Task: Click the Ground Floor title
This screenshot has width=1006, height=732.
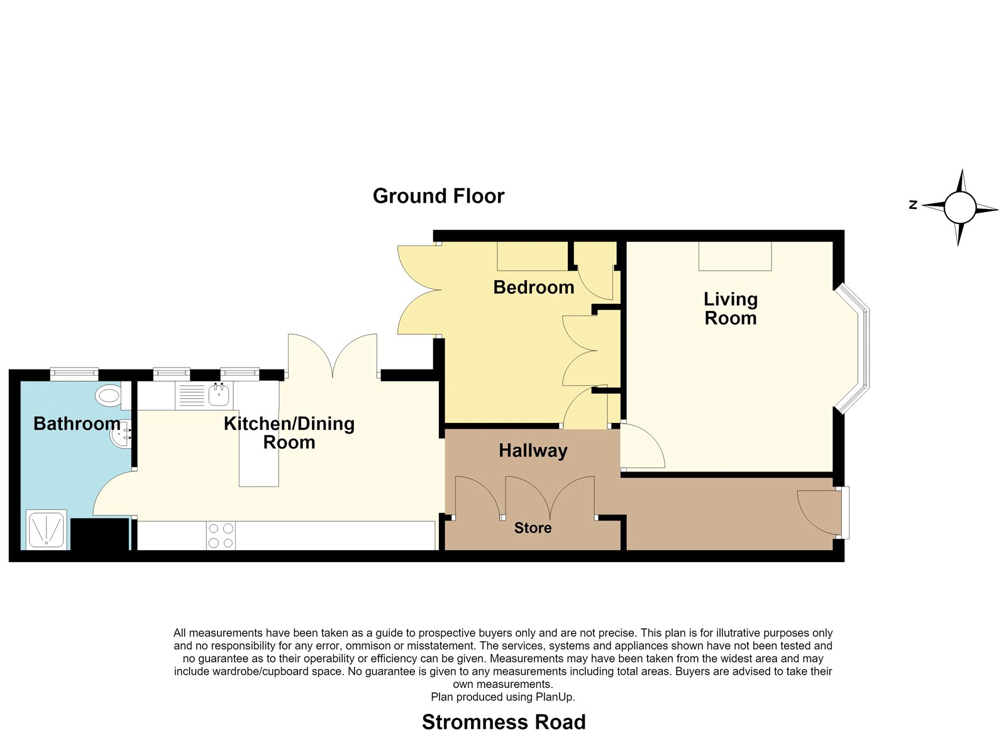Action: click(x=438, y=196)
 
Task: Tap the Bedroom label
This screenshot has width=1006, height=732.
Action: click(x=534, y=287)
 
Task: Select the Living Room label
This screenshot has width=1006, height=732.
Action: click(x=730, y=308)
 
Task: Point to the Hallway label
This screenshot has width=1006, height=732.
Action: click(x=533, y=451)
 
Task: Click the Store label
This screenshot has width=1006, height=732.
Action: click(x=533, y=527)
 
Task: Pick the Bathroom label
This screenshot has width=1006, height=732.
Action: click(x=77, y=424)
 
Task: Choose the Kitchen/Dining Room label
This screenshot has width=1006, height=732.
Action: click(x=289, y=433)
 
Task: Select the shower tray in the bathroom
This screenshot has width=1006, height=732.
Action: click(x=47, y=529)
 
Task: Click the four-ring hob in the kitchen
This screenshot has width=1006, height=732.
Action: click(x=221, y=536)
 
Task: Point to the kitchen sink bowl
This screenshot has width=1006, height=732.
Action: click(x=219, y=395)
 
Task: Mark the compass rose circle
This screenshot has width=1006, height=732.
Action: click(x=959, y=207)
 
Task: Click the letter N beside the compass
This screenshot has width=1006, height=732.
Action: click(x=912, y=205)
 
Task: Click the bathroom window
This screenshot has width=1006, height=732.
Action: click(x=74, y=373)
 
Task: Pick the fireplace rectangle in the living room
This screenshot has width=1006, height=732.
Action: click(x=735, y=256)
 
